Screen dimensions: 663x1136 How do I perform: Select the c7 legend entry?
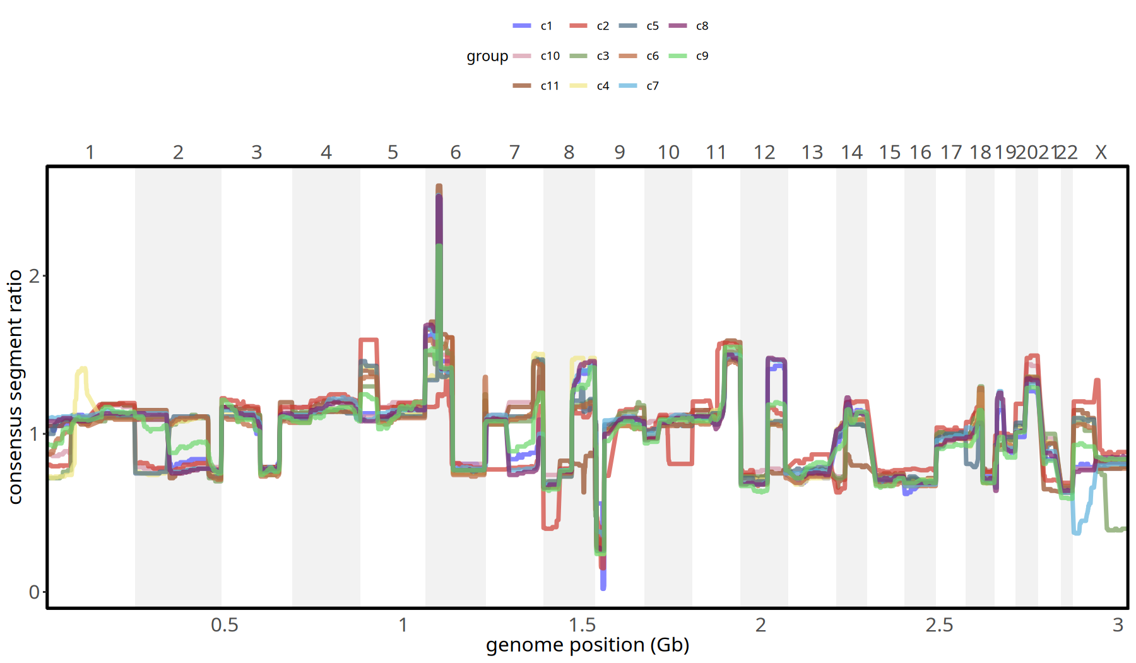pos(639,86)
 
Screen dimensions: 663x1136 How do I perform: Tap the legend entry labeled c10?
pos(536,56)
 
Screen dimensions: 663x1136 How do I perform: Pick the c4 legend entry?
pos(589,86)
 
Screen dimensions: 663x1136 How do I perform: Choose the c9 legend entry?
pos(689,56)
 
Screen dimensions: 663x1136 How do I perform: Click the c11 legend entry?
pos(536,86)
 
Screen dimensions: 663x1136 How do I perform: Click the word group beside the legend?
pos(487,56)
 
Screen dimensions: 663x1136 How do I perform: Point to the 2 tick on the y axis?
pos(35,276)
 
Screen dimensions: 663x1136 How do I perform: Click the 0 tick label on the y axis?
pos(35,592)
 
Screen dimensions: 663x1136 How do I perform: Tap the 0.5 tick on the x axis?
pos(225,625)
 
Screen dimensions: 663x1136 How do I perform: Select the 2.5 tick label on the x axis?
pos(939,625)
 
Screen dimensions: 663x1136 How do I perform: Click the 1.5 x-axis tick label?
pos(582,625)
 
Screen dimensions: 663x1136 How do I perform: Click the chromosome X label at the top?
pos(1101,152)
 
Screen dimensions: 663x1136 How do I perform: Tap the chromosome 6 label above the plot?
pos(456,152)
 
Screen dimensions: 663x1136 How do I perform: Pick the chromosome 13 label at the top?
pos(812,152)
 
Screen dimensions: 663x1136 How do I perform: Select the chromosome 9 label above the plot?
pos(620,152)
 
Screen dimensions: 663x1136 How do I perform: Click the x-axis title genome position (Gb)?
pos(588,645)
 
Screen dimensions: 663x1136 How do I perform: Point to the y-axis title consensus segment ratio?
pos(15,386)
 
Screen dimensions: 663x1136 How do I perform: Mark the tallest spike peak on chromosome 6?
pos(439,187)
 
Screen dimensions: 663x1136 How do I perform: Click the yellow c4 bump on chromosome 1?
pos(82,369)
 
